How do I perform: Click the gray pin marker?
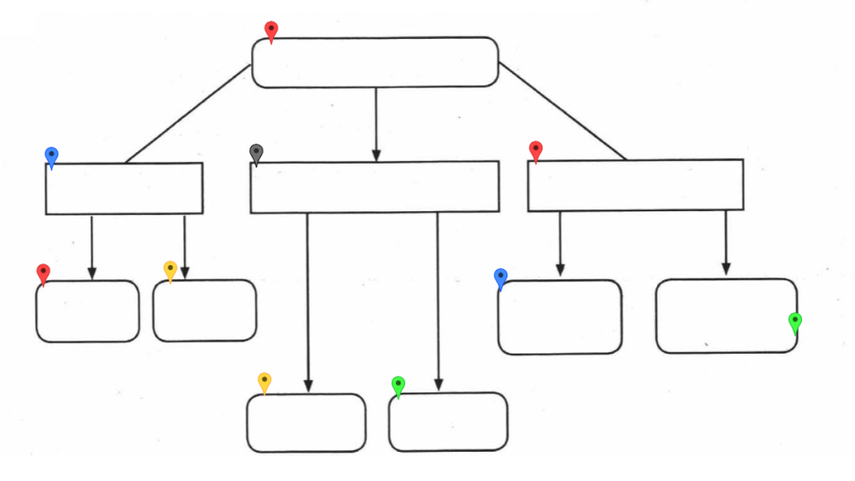256,153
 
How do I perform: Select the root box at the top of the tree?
375,62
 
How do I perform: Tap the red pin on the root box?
271,30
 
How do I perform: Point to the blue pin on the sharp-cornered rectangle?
52,156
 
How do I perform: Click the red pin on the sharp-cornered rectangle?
535,149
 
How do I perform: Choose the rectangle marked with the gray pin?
374,187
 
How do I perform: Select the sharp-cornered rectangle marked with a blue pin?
124,188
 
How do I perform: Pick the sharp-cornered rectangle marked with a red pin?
635,185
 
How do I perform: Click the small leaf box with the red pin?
88,311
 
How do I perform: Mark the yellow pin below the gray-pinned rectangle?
264,381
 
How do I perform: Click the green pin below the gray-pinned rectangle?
399,385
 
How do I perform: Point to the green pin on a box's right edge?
795,321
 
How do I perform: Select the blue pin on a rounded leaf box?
500,278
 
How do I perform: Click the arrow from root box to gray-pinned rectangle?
376,124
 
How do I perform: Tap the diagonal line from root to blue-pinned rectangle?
187,114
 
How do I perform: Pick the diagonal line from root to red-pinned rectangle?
562,111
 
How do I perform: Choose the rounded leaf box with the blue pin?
560,317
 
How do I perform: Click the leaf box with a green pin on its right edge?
725,316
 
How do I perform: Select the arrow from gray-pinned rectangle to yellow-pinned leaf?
308,301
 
